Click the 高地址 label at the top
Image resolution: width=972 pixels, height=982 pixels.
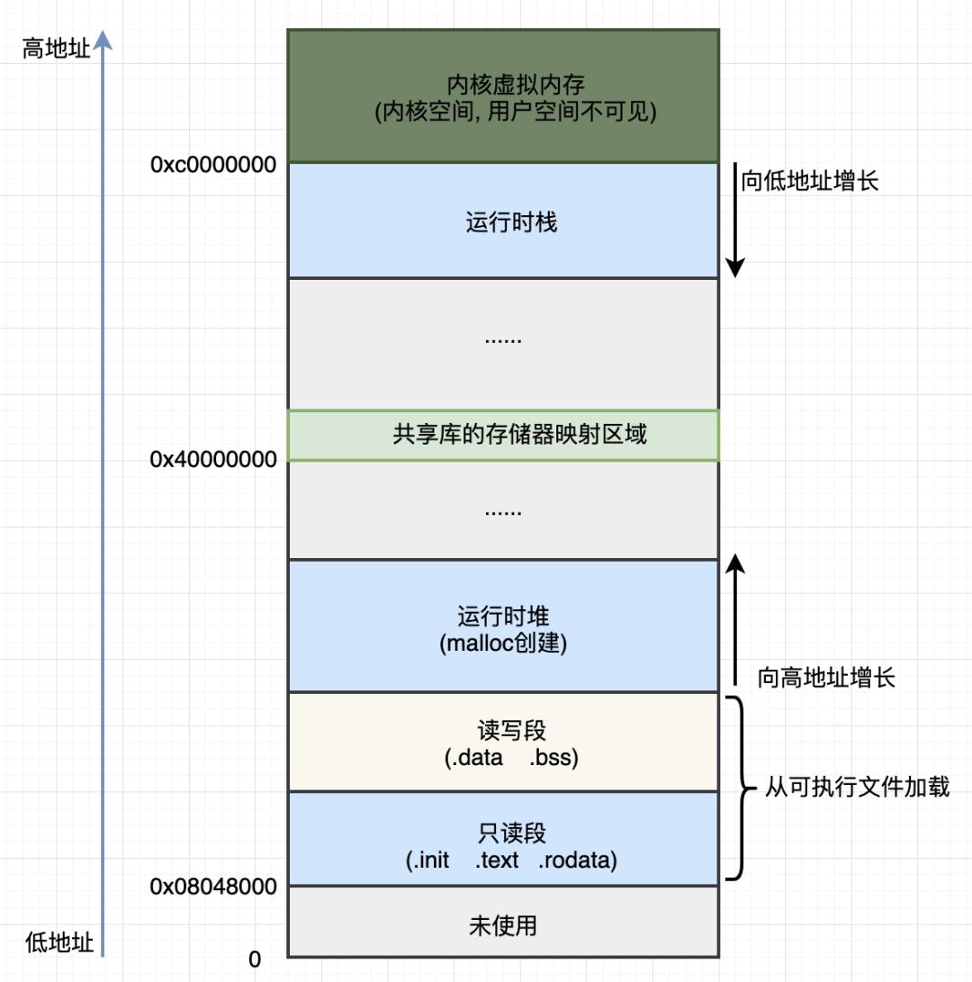tap(57, 49)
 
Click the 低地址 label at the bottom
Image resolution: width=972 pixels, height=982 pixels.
tap(59, 942)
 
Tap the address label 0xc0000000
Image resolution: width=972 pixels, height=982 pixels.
tap(213, 165)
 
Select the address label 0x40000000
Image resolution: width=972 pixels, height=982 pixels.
tap(213, 460)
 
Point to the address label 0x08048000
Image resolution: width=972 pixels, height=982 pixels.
tap(213, 887)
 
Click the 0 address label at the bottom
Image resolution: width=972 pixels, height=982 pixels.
tap(255, 959)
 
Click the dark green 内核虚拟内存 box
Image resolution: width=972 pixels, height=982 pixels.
tap(503, 96)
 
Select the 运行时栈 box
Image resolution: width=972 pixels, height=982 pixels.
tap(503, 221)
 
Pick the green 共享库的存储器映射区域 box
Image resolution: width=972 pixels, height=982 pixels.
tap(503, 436)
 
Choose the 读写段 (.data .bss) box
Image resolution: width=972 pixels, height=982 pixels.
tap(503, 743)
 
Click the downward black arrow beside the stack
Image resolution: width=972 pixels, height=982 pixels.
tap(735, 221)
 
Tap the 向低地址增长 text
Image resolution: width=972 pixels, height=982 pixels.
tap(809, 181)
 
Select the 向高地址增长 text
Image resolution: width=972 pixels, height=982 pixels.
tap(826, 678)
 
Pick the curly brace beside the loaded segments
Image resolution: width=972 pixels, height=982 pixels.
tap(741, 788)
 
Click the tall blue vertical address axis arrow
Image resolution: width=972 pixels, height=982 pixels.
tap(103, 495)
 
